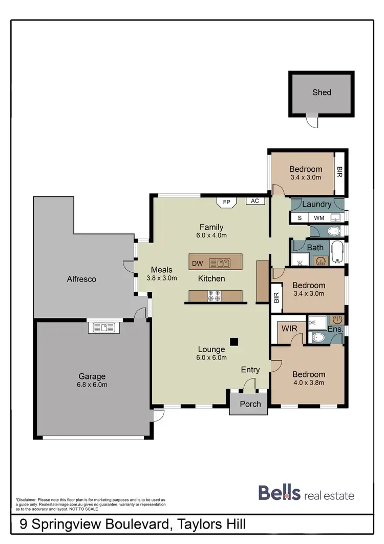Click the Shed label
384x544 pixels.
[322, 92]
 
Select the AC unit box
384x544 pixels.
[255, 201]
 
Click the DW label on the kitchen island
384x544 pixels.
[198, 264]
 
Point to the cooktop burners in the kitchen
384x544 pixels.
[214, 296]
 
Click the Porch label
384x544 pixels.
[250, 404]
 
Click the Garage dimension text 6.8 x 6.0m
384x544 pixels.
[92, 385]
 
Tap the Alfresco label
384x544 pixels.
[81, 279]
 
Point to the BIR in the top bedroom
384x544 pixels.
[339, 172]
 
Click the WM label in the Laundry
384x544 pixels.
[319, 218]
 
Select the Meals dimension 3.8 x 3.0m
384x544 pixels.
[162, 278]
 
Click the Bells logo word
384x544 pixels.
[279, 493]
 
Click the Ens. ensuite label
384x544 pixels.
[335, 329]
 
